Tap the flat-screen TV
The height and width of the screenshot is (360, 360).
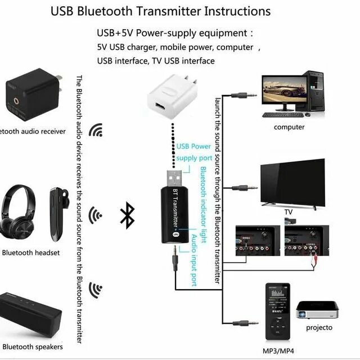point(292,183)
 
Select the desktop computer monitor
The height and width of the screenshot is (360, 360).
point(283,92)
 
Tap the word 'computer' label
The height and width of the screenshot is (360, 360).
point(289,127)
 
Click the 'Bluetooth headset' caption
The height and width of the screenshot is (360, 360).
point(31,253)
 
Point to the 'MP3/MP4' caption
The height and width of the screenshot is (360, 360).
point(278,352)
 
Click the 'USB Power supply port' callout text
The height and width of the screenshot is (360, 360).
point(194,152)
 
